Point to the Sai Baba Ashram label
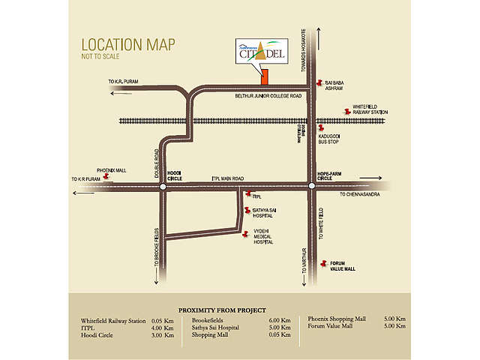click(x=334, y=88)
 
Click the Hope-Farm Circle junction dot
click(x=311, y=186)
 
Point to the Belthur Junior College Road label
click(x=268, y=96)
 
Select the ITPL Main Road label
click(x=229, y=178)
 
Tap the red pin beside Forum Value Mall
click(x=322, y=263)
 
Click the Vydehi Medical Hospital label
click(x=262, y=237)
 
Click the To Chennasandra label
click(x=360, y=194)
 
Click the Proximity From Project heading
click(x=226, y=310)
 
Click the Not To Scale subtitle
click(x=101, y=57)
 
